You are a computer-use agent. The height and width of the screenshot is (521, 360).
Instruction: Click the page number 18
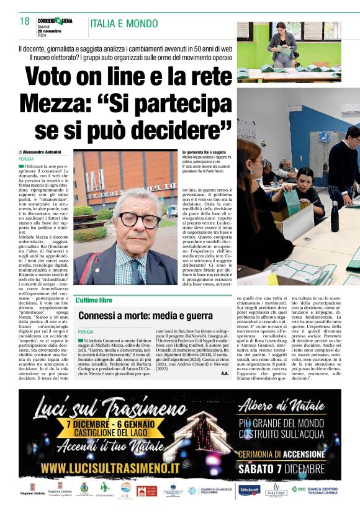pos(25,21)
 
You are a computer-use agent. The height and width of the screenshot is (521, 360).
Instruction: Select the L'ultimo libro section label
pos(94,300)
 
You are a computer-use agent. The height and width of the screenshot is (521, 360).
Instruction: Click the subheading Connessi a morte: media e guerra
pos(145,316)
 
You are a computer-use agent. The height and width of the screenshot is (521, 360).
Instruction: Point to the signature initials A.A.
pos(225,373)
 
